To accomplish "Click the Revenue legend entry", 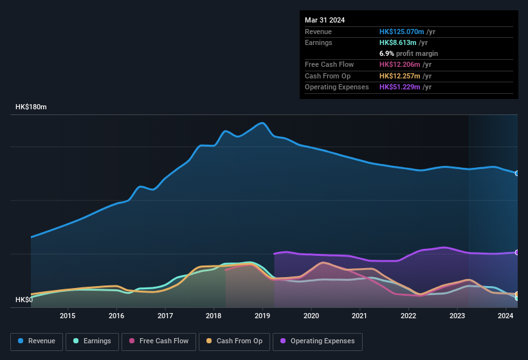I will (37, 341).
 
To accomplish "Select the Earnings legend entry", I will (92, 341).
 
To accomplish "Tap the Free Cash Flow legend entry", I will (159, 341).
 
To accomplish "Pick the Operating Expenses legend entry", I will (317, 341).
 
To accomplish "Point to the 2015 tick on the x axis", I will (68, 316).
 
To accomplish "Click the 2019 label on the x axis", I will (262, 316).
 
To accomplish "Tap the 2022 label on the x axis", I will (408, 316).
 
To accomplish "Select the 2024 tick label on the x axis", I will (506, 316).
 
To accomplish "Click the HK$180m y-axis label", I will (31, 107).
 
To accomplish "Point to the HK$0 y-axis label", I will (24, 300).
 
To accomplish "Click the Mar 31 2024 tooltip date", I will (325, 20).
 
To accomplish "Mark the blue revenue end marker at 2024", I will (517, 174).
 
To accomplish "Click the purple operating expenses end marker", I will (517, 252).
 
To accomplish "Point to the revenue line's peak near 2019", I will (262, 123).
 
